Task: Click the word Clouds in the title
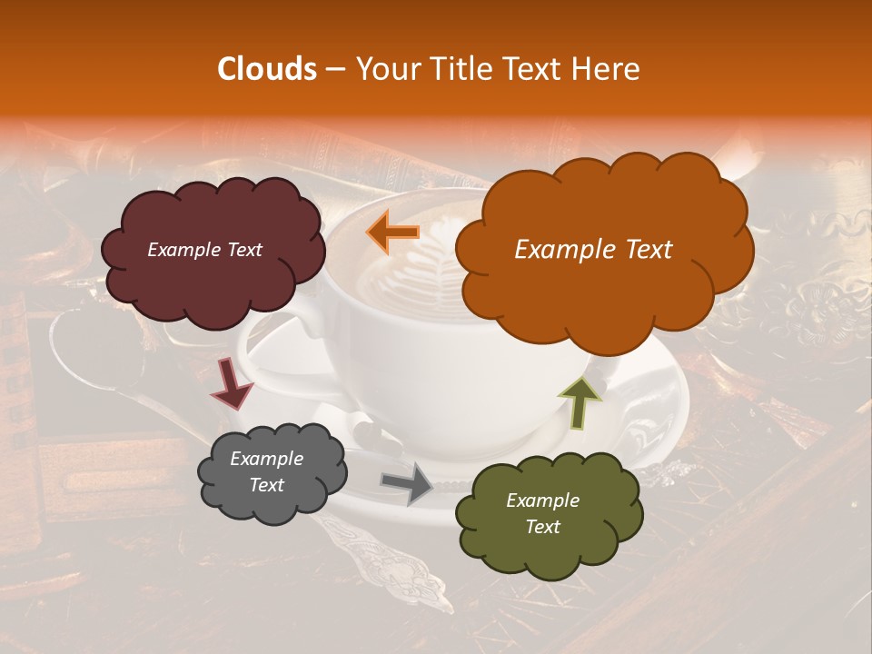(x=267, y=69)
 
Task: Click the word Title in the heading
(x=459, y=69)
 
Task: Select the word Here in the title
(x=606, y=69)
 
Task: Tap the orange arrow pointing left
(x=392, y=233)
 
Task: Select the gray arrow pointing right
(x=406, y=483)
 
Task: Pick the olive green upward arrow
(x=580, y=402)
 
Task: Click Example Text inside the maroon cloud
(x=204, y=250)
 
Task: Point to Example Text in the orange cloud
(x=593, y=250)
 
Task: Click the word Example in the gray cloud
(x=266, y=459)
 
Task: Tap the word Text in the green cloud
(x=542, y=527)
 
